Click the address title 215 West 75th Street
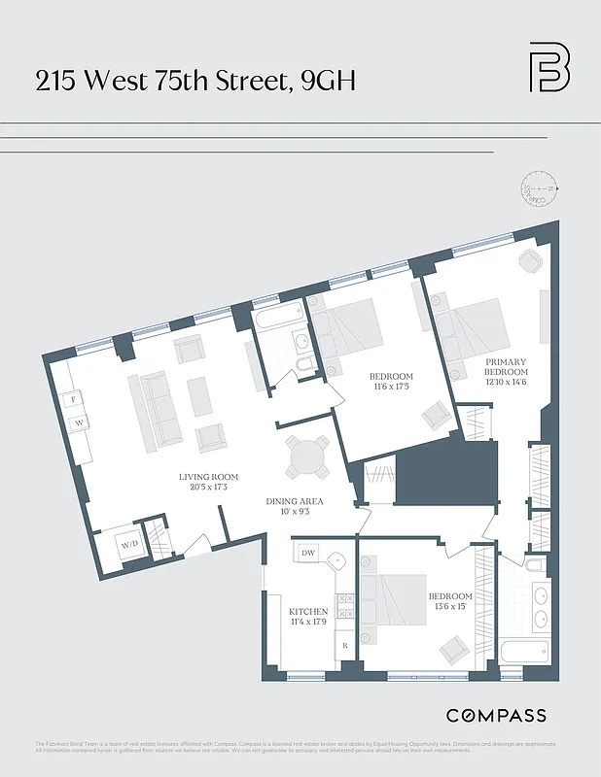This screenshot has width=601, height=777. click(x=194, y=81)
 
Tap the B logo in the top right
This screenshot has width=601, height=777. click(x=549, y=67)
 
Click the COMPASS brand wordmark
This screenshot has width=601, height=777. click(x=496, y=716)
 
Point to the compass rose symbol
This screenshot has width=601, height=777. click(x=539, y=188)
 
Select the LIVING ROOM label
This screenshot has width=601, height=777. click(x=208, y=477)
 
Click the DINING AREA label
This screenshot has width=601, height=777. click(x=295, y=502)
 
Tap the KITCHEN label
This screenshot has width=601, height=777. click(x=308, y=612)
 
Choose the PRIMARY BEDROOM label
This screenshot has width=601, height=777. click(x=506, y=366)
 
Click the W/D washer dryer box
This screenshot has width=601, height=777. click(x=130, y=545)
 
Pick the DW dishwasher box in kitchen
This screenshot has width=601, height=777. click(x=308, y=553)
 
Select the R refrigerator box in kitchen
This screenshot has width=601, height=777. click(x=343, y=645)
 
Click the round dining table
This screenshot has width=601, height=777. click(x=306, y=455)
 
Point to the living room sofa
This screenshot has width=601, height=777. click(x=156, y=410)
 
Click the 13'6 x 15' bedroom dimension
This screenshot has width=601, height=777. click(x=450, y=607)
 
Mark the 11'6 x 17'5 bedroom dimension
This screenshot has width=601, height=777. click(x=391, y=388)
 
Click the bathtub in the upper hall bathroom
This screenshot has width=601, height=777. click(x=278, y=319)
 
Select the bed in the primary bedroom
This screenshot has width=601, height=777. click(x=473, y=329)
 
